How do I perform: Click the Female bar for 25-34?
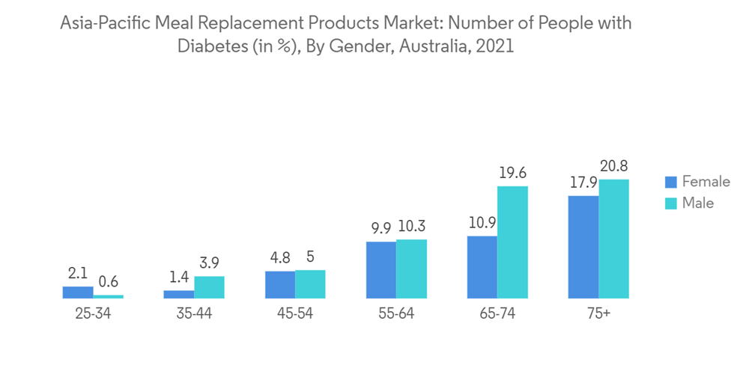tap(78, 292)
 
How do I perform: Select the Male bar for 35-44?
tap(209, 287)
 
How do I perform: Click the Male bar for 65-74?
tap(512, 242)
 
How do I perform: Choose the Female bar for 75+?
tap(583, 247)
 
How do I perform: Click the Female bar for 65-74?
tap(482, 267)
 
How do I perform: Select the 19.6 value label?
tap(512, 174)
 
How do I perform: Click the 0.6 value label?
tap(109, 282)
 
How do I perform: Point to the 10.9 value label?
tap(482, 224)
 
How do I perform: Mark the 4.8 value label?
tap(280, 258)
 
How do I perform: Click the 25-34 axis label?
tap(93, 314)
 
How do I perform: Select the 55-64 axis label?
tap(396, 314)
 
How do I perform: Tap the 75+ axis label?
tap(598, 314)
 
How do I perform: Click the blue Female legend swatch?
tap(671, 182)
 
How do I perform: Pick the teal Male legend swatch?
tap(671, 203)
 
